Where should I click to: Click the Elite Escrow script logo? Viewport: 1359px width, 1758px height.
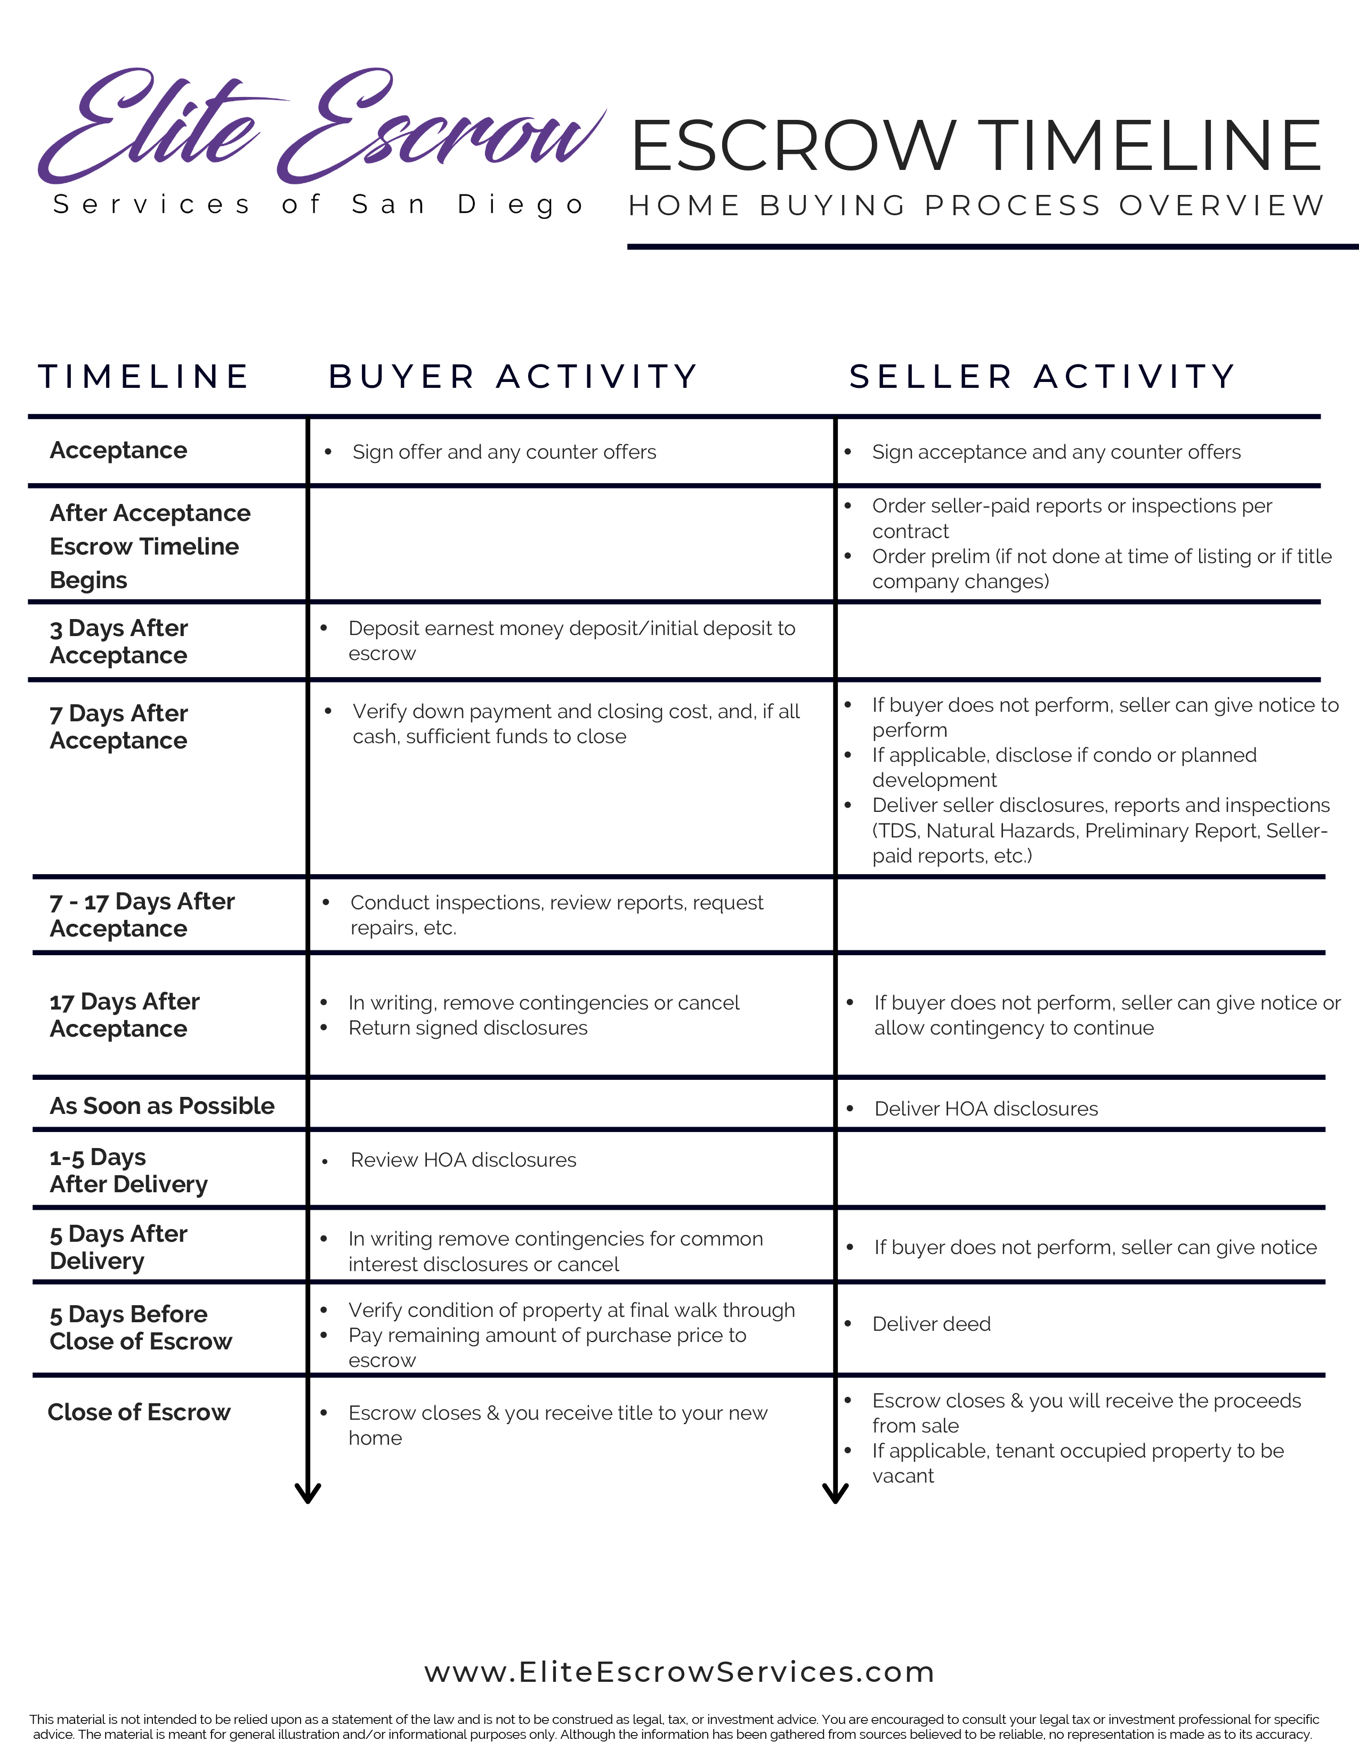pos(320,127)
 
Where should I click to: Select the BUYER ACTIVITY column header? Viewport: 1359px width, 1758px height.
pos(513,377)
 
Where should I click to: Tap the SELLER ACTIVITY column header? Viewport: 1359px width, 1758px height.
pos(1042,377)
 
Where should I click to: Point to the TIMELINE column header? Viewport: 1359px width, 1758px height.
pos(143,377)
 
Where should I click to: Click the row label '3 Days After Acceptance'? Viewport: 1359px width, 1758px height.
pos(119,641)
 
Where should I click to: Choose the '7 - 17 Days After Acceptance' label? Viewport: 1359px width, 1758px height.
pos(142,914)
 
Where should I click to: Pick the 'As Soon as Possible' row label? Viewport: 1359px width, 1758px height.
pos(162,1106)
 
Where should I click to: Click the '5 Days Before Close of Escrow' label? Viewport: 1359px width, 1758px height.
pos(140,1328)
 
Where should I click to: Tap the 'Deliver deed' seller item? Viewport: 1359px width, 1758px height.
pos(932,1324)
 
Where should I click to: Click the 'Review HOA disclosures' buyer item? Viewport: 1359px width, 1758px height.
pos(463,1160)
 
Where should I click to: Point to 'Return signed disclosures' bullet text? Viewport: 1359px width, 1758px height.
pos(468,1028)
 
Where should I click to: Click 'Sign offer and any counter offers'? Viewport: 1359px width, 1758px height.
pos(504,452)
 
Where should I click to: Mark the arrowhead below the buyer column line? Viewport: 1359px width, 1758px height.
pos(308,1493)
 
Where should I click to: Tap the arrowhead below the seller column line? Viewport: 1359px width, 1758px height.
pos(836,1493)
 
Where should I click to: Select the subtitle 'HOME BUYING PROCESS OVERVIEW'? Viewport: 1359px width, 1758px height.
pos(976,206)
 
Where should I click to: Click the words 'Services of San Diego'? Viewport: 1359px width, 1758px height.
pos(319,205)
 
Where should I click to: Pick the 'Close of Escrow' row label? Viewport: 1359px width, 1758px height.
pos(139,1412)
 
